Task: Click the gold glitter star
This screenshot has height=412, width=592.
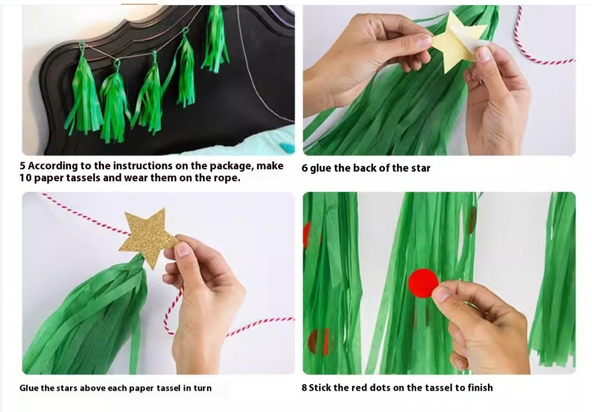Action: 148,236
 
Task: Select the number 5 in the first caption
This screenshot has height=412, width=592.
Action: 23,166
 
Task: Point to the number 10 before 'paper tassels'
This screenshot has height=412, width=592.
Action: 25,178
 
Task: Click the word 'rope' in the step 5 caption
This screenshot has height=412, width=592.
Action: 227,178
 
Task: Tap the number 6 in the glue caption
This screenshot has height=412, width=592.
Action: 304,168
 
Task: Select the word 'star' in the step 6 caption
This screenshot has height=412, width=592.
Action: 420,168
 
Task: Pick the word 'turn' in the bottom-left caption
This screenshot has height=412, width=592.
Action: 202,388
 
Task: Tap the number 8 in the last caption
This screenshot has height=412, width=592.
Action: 304,388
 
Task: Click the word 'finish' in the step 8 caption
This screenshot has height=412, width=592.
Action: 480,388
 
